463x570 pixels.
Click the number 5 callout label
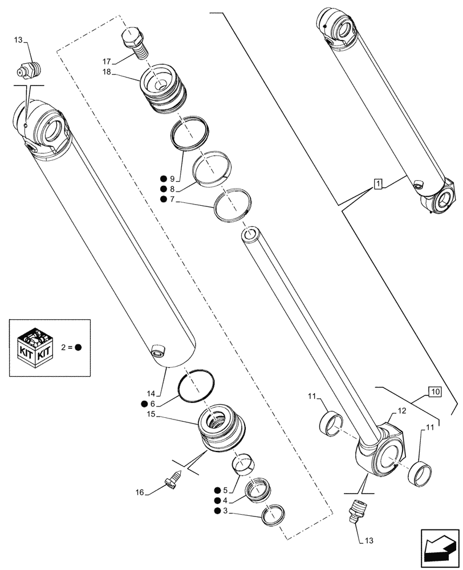pyautogui.click(x=226, y=490)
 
